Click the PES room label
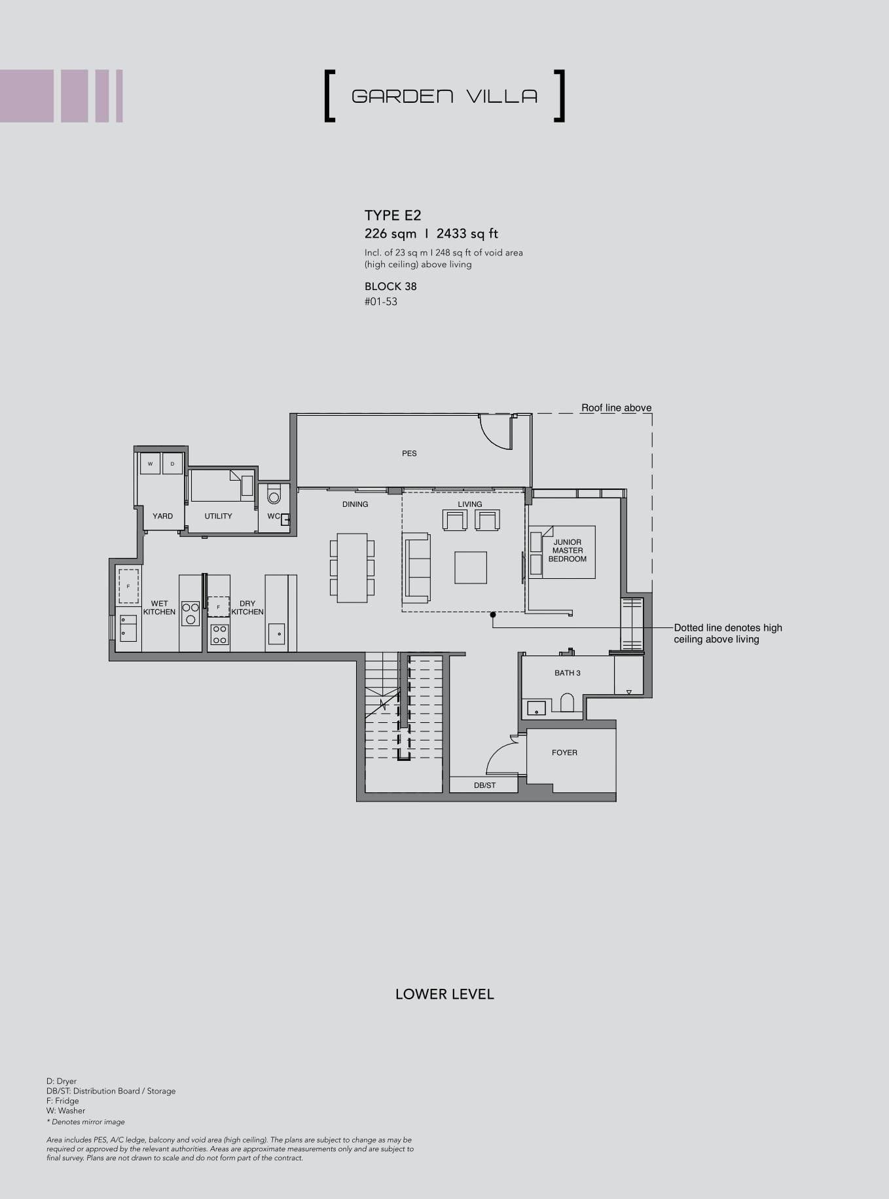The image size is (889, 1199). (409, 453)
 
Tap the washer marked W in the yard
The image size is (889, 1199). (150, 464)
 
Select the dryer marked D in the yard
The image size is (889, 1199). (172, 464)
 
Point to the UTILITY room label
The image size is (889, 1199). (218, 516)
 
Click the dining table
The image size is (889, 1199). (352, 568)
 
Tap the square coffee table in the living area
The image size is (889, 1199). (471, 567)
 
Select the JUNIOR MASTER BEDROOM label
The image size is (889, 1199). (568, 551)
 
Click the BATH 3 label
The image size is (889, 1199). (568, 673)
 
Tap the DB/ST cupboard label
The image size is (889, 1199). (485, 785)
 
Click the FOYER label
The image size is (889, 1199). (564, 753)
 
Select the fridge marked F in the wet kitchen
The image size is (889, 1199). (128, 586)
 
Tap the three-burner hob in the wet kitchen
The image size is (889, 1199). (190, 614)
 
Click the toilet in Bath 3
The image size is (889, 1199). (567, 703)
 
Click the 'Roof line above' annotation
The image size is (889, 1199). (616, 408)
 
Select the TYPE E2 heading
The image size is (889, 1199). (393, 215)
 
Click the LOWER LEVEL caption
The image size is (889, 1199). (444, 994)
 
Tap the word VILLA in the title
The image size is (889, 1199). (502, 97)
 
